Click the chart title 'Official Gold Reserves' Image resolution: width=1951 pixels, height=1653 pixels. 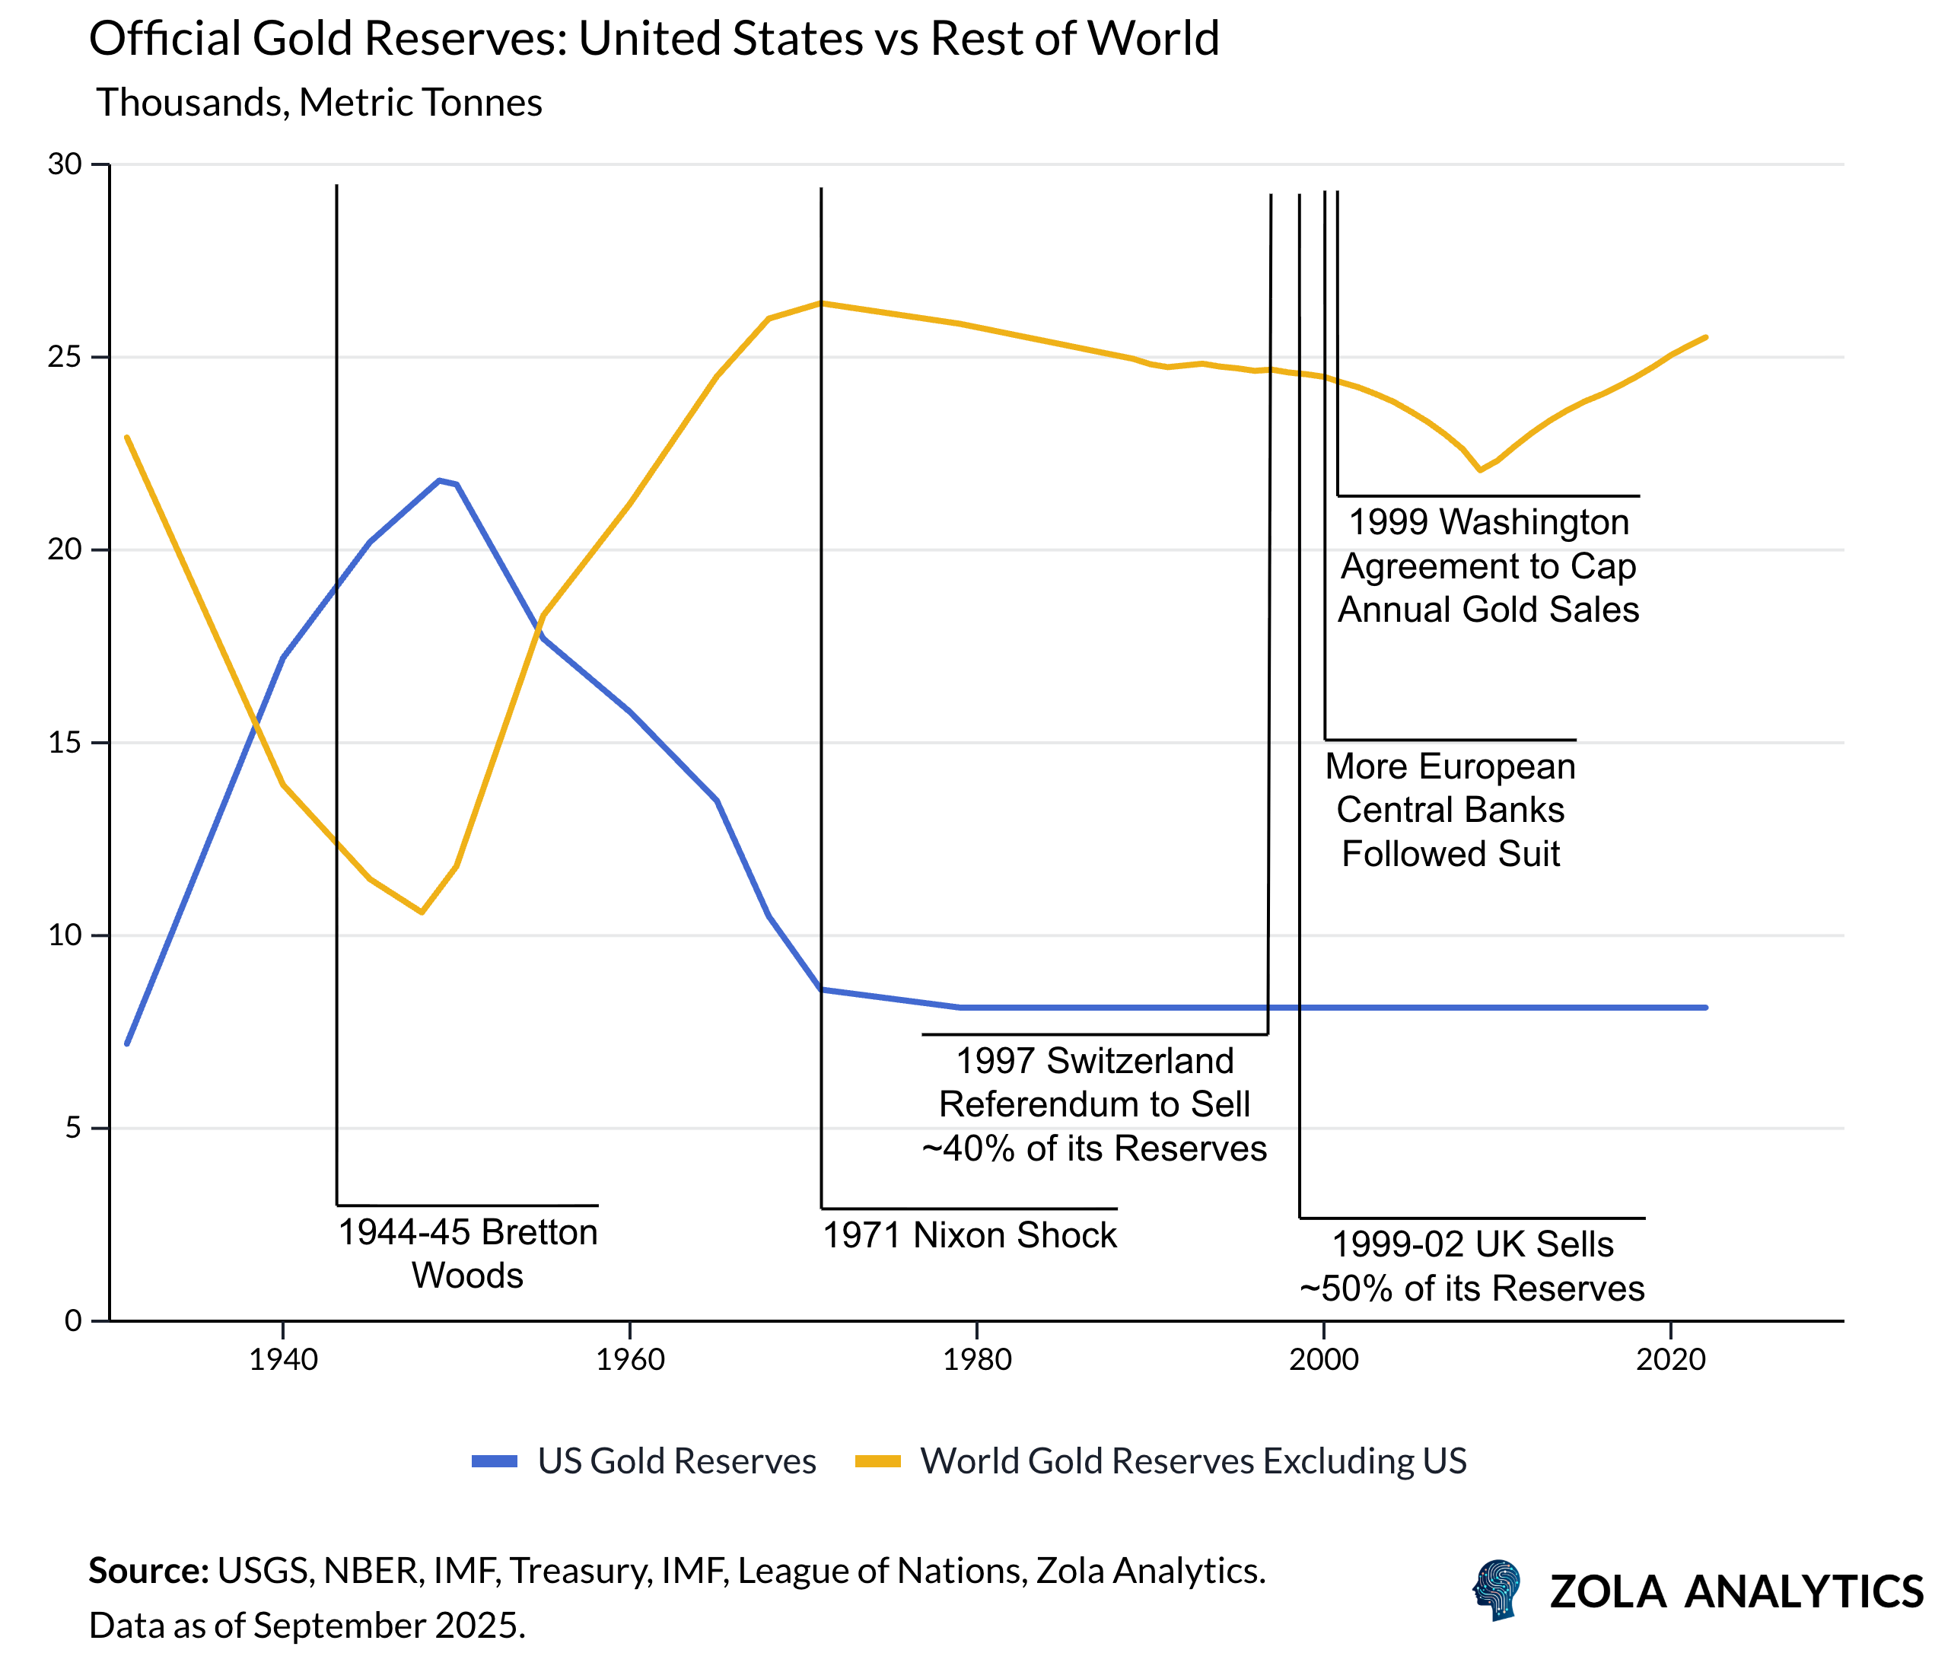tap(653, 40)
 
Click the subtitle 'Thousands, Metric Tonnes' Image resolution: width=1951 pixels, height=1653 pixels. tap(319, 102)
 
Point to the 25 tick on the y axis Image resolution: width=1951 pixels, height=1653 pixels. tap(65, 357)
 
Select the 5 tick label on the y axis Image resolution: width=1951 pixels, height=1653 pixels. tap(73, 1127)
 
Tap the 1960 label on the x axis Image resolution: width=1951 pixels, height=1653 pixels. tap(630, 1358)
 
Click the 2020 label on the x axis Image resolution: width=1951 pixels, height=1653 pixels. tap(1670, 1358)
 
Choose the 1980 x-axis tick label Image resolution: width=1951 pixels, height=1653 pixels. tap(976, 1358)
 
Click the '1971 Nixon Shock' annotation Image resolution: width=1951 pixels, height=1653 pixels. tap(969, 1235)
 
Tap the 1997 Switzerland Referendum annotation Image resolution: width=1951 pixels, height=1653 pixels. tap(1093, 1104)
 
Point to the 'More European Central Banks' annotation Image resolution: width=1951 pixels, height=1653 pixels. tap(1450, 810)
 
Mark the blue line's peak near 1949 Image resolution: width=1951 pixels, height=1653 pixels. tap(438, 481)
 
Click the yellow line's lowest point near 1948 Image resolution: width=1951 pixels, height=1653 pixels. tap(422, 912)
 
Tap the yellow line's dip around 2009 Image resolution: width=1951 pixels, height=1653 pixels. tap(1480, 470)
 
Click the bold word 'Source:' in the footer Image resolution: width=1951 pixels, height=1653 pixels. tap(148, 1571)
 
